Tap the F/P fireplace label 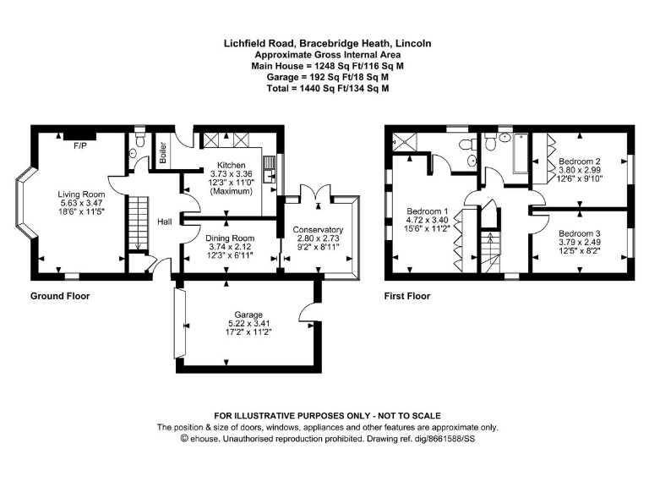pos(80,146)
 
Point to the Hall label pos(165,222)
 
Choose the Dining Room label pos(230,238)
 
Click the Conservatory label pos(318,230)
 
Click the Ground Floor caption pos(60,296)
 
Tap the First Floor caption pos(406,296)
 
